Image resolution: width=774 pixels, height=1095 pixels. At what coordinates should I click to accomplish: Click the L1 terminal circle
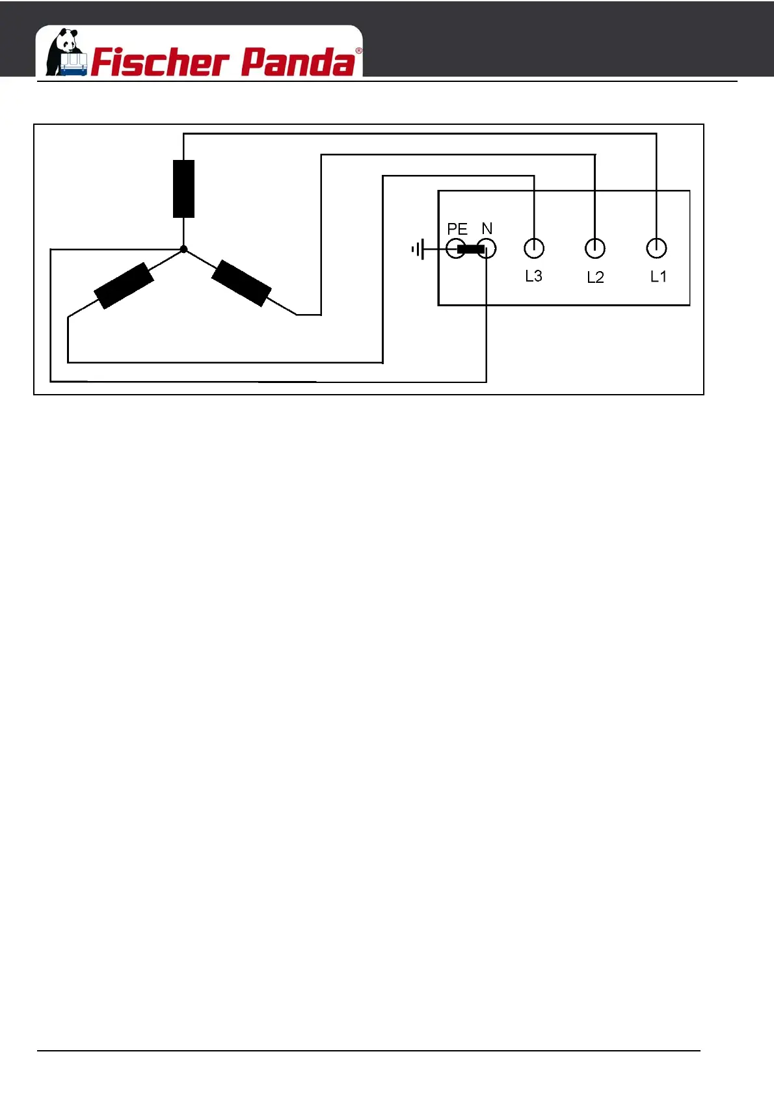coord(656,248)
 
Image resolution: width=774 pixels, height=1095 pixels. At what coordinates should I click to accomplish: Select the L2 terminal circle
coord(595,248)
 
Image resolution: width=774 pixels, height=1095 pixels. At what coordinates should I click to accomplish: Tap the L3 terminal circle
coord(534,248)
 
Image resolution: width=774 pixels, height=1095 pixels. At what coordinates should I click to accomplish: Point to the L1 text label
coord(658,276)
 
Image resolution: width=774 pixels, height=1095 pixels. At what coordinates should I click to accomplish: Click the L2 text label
coord(595,278)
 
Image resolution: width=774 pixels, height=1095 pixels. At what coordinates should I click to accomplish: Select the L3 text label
coord(533,276)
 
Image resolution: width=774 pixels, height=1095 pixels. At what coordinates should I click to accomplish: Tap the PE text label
coord(457,229)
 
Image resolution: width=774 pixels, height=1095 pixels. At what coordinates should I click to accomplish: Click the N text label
coord(487,228)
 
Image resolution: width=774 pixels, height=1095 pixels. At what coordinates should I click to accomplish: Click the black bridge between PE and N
coord(470,249)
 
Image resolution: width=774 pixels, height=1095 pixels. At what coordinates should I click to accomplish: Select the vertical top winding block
coord(183,189)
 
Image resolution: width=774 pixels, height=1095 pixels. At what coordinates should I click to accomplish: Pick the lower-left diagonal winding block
coord(124,285)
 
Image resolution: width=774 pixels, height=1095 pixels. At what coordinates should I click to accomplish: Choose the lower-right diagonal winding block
coord(241,283)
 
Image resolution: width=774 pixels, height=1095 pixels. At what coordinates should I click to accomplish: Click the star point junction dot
coord(183,249)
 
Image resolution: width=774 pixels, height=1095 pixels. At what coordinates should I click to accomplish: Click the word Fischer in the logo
coord(160,62)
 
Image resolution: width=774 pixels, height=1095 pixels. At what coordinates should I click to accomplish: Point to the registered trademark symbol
coord(358,51)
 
